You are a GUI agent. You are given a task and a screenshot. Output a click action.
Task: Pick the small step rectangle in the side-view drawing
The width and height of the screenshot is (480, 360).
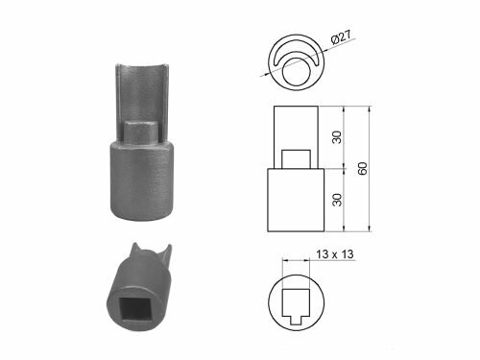[x=295, y=158]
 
